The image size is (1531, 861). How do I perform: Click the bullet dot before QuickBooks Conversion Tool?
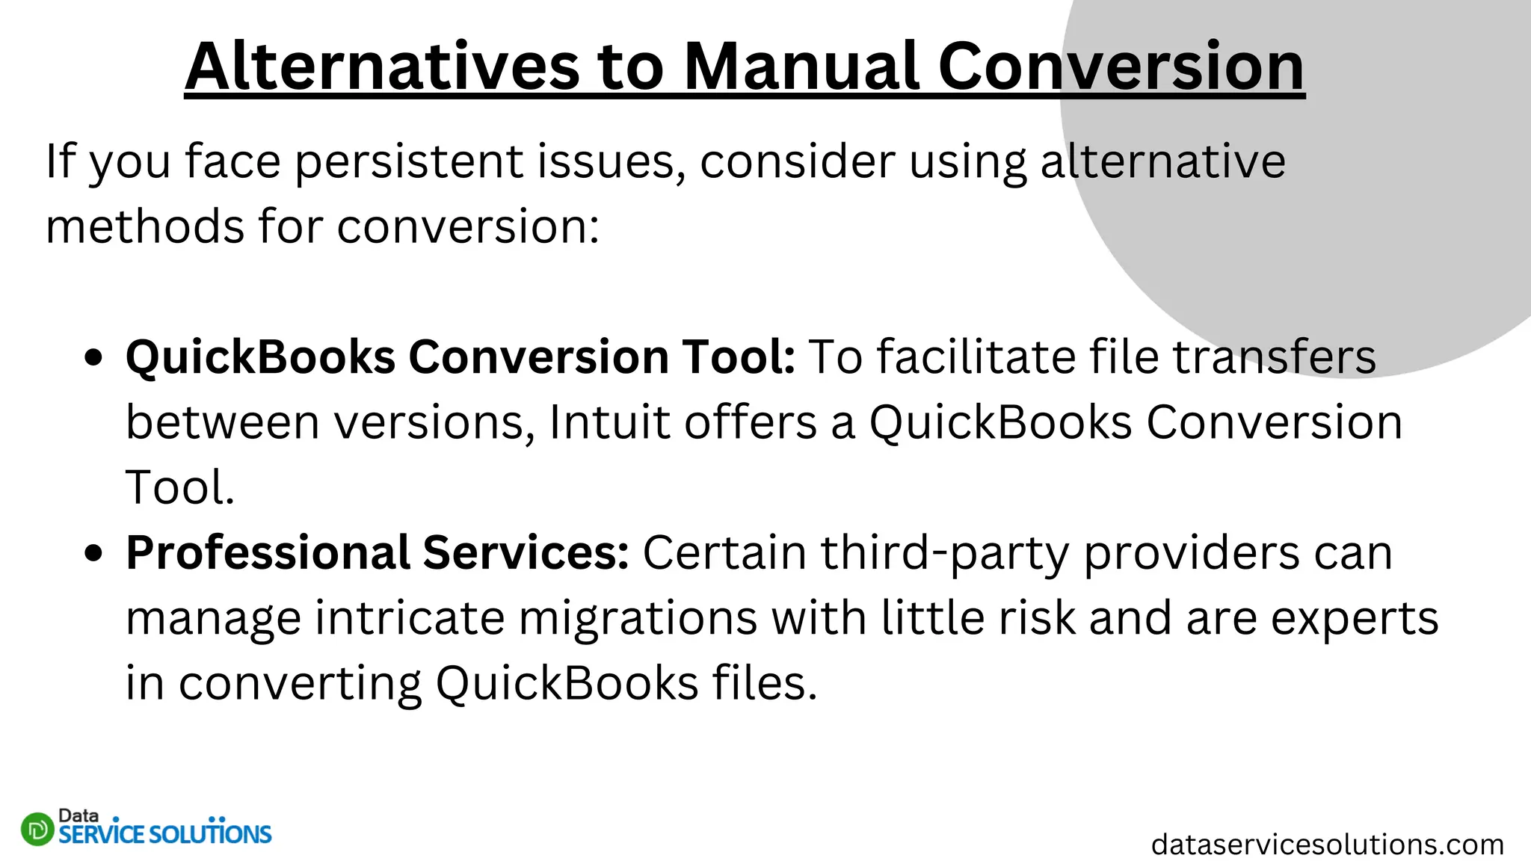coord(93,357)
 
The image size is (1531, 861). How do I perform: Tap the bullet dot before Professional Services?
coord(93,553)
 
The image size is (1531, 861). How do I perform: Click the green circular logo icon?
coord(37,829)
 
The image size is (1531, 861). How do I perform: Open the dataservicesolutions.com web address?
coord(1327,845)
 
